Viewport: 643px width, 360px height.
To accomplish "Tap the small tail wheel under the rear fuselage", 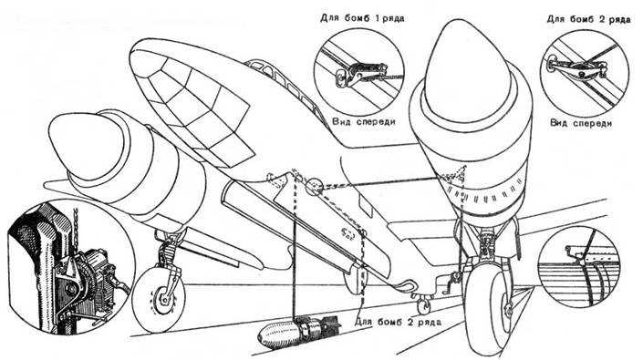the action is (x=423, y=304).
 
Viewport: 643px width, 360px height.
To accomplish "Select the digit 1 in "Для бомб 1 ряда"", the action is (x=376, y=18).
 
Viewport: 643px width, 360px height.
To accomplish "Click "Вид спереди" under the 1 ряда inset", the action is (x=364, y=121).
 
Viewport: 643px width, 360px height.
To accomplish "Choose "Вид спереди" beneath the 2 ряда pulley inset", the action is (x=581, y=123).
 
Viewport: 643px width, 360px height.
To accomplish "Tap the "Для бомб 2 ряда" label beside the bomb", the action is (x=399, y=322).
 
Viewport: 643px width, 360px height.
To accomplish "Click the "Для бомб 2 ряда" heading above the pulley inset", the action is (x=588, y=19).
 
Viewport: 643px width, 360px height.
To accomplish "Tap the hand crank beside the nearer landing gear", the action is (x=452, y=283).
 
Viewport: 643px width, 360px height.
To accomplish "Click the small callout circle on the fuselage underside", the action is (x=315, y=187).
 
